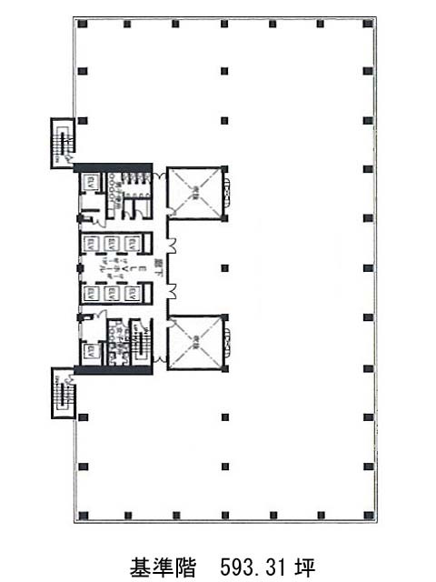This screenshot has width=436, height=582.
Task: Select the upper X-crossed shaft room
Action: click(195, 193)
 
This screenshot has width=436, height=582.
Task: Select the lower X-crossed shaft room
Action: click(195, 341)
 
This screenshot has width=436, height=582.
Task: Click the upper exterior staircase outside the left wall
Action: click(63, 141)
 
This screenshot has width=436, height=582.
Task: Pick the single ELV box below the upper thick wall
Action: click(92, 183)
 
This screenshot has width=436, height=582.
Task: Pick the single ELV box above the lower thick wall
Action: click(92, 351)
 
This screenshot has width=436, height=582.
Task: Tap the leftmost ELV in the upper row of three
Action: click(93, 243)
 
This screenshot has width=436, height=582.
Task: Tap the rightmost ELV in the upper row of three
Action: click(131, 243)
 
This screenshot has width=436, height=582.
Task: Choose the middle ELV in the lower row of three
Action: click(112, 294)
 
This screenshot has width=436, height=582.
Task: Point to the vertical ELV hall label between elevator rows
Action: click(112, 268)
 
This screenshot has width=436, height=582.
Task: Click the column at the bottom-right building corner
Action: click(369, 516)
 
